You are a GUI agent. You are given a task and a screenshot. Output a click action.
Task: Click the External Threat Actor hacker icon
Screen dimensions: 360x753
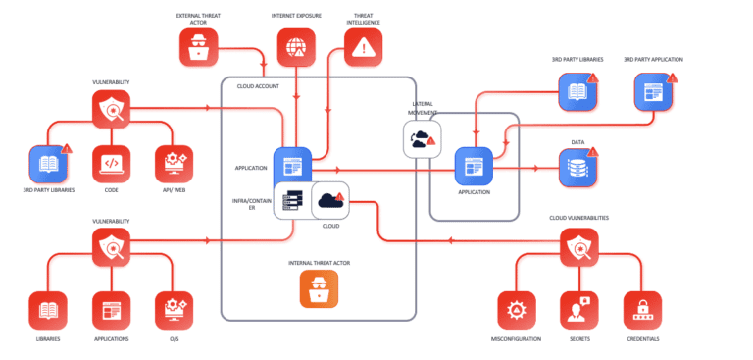pyautogui.click(x=199, y=46)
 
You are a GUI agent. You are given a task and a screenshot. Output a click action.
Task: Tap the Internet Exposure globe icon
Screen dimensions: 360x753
pyautogui.click(x=296, y=46)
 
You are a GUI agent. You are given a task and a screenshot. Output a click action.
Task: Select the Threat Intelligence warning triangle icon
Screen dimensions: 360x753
pyautogui.click(x=364, y=46)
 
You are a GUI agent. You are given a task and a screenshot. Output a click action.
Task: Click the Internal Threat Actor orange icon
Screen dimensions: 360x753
pyautogui.click(x=319, y=288)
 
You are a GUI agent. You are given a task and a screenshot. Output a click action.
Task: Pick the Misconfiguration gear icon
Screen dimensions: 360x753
pyautogui.click(x=517, y=311)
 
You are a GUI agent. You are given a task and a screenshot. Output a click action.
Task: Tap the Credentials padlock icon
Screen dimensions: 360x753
pyautogui.click(x=643, y=311)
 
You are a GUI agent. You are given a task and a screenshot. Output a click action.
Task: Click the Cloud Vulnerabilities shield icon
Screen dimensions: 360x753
pyautogui.click(x=579, y=248)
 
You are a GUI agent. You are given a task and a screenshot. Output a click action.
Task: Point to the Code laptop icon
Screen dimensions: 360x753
pyautogui.click(x=111, y=163)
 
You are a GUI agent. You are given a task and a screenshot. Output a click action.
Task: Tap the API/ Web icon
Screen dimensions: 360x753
pyautogui.click(x=174, y=163)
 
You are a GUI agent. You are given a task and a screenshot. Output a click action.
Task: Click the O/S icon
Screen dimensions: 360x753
pyautogui.click(x=174, y=311)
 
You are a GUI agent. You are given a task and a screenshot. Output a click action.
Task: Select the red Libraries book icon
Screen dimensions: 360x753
pyautogui.click(x=48, y=311)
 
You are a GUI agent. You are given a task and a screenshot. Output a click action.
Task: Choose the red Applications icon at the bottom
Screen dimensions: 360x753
pyautogui.click(x=111, y=311)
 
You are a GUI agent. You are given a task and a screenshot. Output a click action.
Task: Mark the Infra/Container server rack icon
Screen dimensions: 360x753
pyautogui.click(x=292, y=200)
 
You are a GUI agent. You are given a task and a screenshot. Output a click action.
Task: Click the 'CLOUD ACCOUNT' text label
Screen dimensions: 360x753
pyautogui.click(x=258, y=86)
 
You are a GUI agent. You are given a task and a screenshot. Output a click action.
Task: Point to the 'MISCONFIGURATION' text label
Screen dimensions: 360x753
pyautogui.click(x=517, y=339)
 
